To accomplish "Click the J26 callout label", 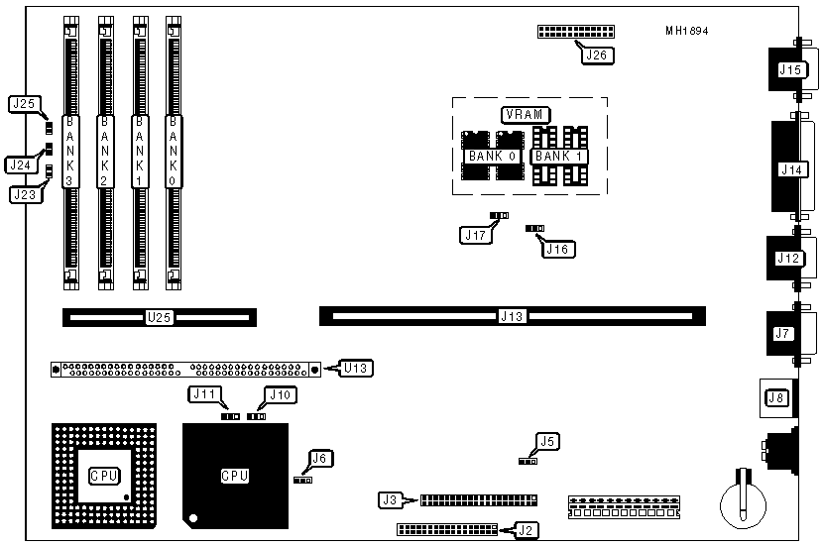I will click(x=595, y=55).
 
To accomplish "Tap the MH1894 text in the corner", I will click(x=686, y=30).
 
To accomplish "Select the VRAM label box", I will click(x=523, y=115).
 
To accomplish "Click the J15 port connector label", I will click(x=790, y=69).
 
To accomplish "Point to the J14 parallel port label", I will click(x=790, y=169).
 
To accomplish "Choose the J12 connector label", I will click(x=788, y=259).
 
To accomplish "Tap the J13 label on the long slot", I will click(x=512, y=317).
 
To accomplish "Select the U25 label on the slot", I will click(x=159, y=318).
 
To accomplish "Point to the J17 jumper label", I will click(x=474, y=235).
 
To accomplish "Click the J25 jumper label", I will click(x=24, y=104).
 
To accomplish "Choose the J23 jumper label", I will click(x=25, y=195).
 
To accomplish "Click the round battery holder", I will click(x=742, y=496).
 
